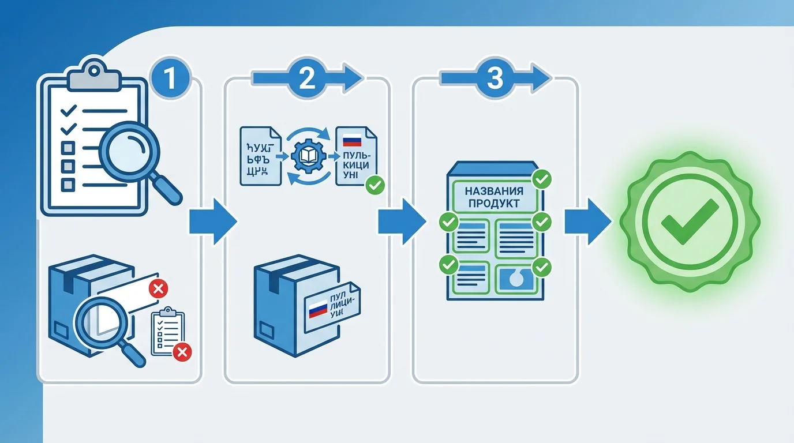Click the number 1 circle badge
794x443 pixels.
point(170,79)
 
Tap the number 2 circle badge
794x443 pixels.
point(307,79)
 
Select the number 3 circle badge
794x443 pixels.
point(495,79)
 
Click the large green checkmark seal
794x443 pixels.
point(690,221)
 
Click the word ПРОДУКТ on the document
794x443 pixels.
point(494,203)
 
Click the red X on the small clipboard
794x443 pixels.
point(182,351)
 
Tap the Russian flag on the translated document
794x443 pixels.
point(352,140)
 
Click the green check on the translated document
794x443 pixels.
point(376,185)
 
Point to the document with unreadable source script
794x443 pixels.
point(260,156)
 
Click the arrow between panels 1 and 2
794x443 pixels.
point(213,222)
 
